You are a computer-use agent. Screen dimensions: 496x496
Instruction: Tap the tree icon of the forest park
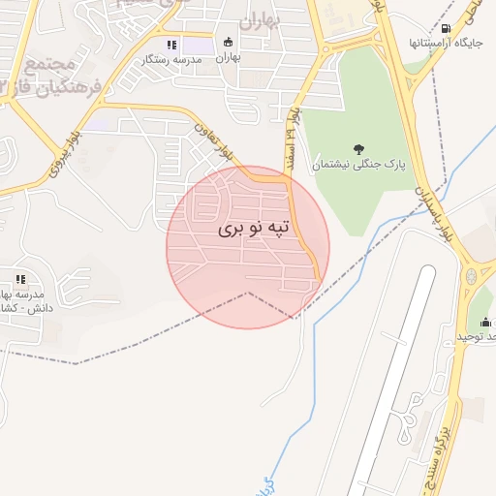359,149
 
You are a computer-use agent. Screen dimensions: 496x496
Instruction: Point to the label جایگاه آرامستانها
444,44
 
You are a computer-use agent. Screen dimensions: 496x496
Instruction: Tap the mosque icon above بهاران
228,42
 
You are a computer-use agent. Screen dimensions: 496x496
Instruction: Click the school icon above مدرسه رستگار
171,45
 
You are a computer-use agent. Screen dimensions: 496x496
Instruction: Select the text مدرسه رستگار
172,59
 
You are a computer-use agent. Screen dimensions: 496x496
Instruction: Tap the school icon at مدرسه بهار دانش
19,281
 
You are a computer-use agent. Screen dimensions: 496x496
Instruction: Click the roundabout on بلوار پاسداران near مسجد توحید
472,277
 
